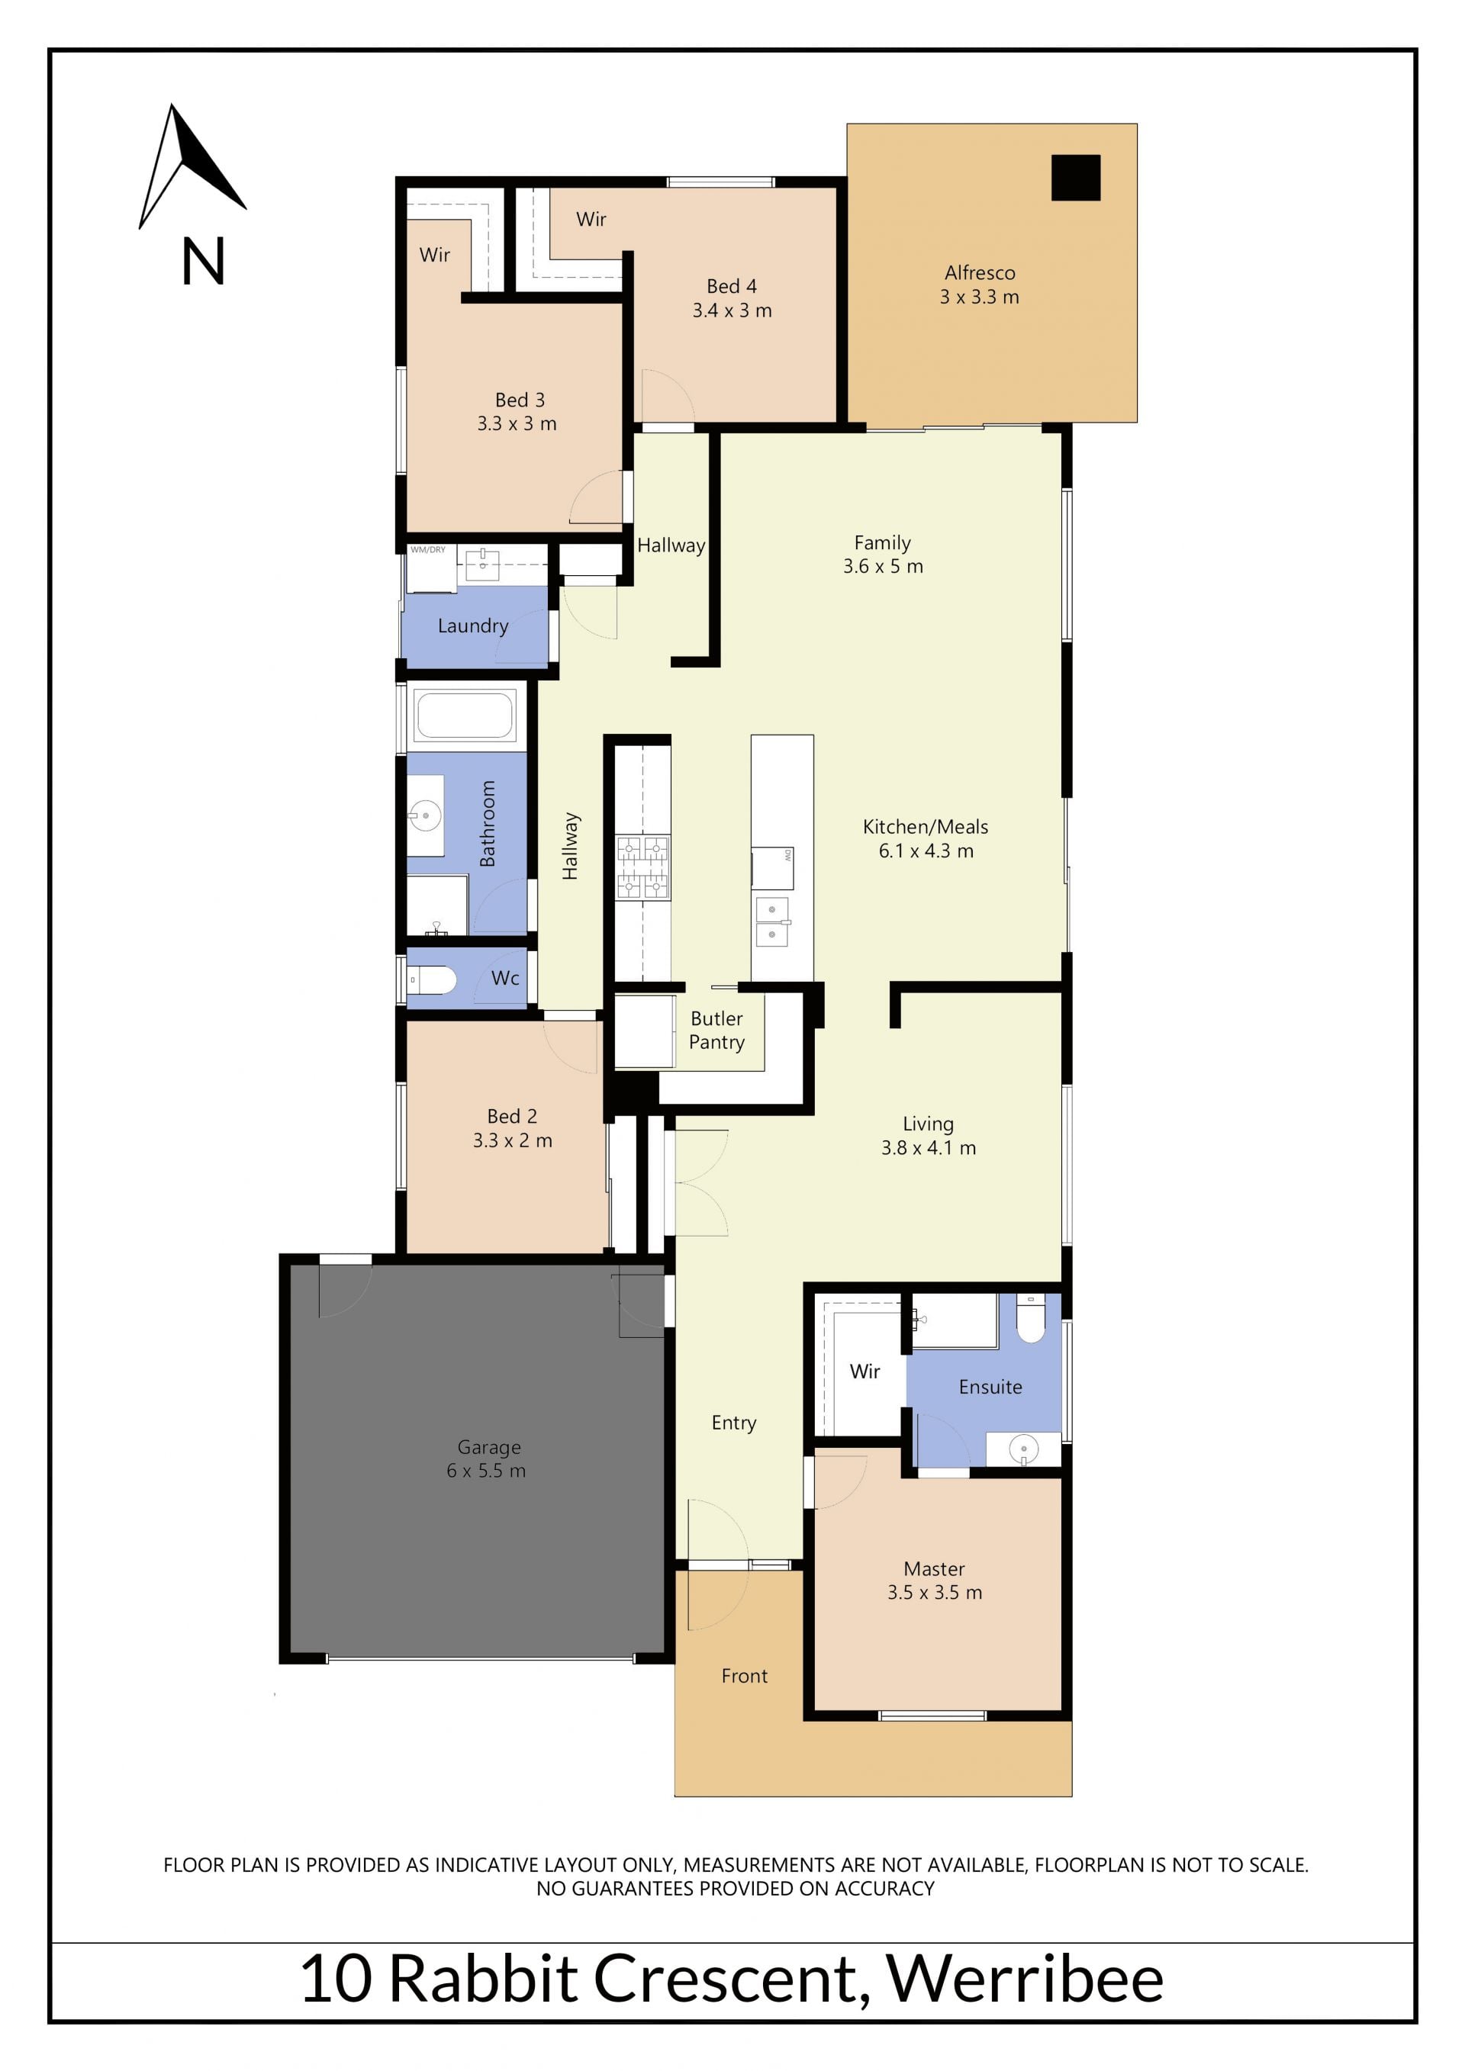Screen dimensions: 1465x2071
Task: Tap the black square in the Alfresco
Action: coord(1075,178)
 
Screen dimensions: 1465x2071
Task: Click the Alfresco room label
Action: coord(980,272)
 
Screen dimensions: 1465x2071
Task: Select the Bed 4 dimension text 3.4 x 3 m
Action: coord(732,310)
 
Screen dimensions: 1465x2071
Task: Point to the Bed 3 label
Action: coord(520,400)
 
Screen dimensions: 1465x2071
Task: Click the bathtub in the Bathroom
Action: coord(465,716)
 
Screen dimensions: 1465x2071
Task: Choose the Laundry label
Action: coord(473,626)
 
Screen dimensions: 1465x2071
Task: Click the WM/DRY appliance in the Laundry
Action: coord(431,568)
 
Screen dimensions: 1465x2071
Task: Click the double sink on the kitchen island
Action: coord(773,922)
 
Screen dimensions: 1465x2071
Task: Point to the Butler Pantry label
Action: coord(717,1030)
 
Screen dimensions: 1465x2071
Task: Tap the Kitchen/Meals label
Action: coord(926,826)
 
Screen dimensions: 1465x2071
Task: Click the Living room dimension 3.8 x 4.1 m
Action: coord(929,1147)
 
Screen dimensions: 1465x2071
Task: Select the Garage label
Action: coord(489,1447)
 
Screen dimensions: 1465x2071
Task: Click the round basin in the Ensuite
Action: coord(1023,1449)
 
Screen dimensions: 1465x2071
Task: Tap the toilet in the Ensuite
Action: coord(1030,1316)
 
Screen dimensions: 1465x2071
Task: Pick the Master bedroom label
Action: coord(935,1568)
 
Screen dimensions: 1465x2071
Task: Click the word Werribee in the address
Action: coord(1025,1979)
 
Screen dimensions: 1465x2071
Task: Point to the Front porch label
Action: coord(744,1676)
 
